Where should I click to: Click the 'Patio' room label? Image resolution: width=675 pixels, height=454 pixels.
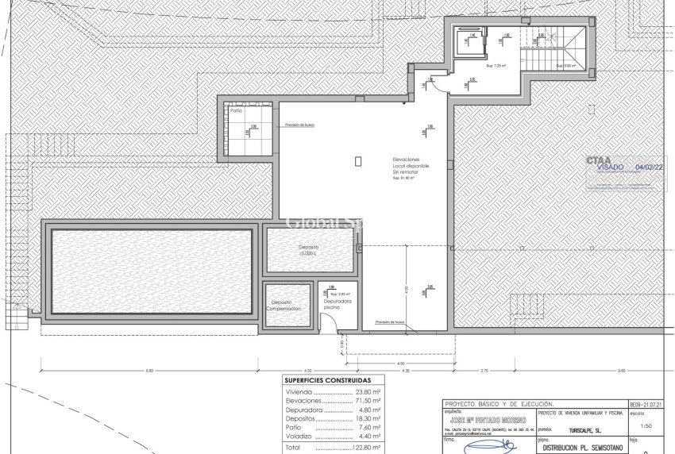(x=236, y=111)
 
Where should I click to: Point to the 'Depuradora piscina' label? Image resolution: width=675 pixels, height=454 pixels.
(x=337, y=305)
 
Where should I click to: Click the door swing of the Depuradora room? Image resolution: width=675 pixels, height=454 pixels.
(x=326, y=322)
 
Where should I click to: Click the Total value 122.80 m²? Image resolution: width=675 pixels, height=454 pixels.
(x=364, y=448)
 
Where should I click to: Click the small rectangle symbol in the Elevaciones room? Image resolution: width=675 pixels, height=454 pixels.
(x=359, y=161)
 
